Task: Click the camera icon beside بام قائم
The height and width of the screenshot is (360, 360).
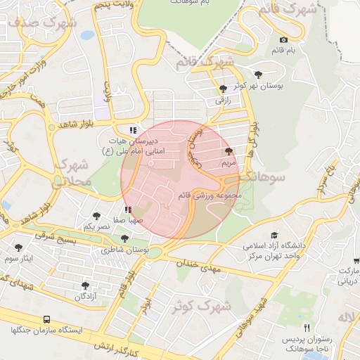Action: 283,40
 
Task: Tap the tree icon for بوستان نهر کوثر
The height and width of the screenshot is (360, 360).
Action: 258,74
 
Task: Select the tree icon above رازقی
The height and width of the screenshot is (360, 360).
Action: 223,89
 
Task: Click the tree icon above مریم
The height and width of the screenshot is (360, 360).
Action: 229,151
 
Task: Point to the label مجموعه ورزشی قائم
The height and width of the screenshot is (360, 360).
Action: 210,195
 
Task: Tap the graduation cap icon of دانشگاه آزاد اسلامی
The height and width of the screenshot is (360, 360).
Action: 274,236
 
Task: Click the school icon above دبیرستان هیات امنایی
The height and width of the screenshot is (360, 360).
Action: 132,130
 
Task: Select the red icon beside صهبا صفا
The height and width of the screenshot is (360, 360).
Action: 127,210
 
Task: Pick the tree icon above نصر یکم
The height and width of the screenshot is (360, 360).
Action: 96,216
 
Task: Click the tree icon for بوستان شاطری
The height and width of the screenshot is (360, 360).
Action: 124,238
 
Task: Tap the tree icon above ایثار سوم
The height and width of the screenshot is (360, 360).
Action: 18,247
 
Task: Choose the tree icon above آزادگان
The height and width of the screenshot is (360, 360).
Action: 85,285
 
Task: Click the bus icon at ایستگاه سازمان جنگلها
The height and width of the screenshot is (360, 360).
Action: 46,319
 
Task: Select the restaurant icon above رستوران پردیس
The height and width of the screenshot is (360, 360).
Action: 307,328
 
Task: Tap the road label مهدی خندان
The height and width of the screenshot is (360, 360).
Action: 201,266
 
